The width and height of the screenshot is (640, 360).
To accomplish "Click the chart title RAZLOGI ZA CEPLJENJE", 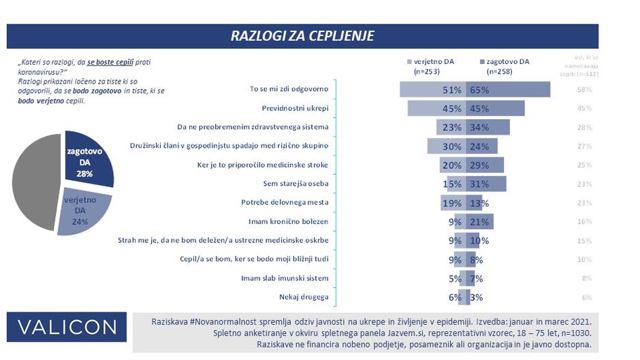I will (x=302, y=35).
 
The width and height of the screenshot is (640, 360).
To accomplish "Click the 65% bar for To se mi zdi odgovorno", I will (x=507, y=90).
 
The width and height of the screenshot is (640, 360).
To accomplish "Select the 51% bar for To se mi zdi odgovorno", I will (x=433, y=90).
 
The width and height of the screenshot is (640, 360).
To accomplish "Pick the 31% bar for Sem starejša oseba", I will (x=485, y=184).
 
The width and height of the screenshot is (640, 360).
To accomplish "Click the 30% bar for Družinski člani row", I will (x=447, y=146).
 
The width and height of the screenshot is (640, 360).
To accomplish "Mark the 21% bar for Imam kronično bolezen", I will (x=479, y=221).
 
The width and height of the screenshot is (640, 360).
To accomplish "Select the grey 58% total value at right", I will (x=583, y=90).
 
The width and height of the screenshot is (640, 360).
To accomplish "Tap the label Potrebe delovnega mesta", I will (x=285, y=202).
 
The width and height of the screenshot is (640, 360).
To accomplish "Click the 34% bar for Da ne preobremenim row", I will (x=487, y=127).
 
